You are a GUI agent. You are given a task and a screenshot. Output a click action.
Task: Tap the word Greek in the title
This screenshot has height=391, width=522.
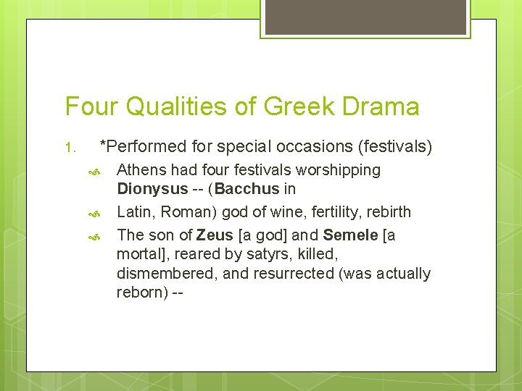click(x=299, y=107)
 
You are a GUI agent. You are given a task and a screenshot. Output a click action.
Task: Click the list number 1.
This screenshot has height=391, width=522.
click(x=70, y=148)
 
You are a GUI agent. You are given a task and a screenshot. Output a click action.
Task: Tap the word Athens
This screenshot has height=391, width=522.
click(x=141, y=170)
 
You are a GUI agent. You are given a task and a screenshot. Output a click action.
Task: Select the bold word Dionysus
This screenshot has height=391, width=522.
click(x=152, y=190)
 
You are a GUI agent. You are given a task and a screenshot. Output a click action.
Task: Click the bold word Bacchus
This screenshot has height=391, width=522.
click(x=247, y=190)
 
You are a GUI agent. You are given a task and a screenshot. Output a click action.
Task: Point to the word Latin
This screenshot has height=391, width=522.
click(x=136, y=212)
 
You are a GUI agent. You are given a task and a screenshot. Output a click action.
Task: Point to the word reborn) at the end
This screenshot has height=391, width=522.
click(x=141, y=293)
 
